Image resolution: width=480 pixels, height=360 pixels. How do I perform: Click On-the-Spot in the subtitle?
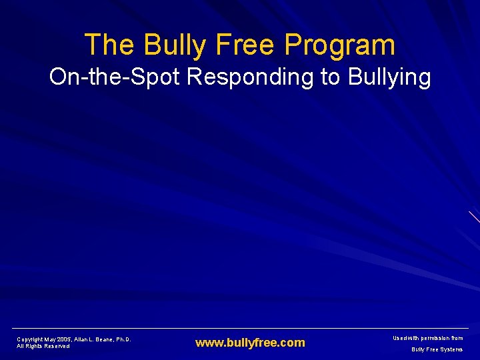[114, 77]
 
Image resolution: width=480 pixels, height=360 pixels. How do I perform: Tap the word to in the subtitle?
[331, 77]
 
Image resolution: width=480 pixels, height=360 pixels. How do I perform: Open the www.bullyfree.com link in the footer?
[250, 343]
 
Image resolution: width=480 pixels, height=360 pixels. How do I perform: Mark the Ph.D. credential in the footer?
[124, 339]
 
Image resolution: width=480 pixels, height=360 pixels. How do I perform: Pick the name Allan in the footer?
[84, 339]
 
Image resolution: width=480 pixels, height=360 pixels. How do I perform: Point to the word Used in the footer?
[398, 338]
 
